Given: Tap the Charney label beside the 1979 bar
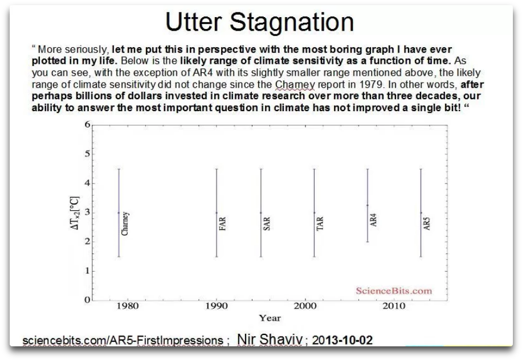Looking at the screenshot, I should (x=125, y=224).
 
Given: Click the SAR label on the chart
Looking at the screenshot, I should (x=266, y=223).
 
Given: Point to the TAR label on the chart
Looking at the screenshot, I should (x=320, y=223).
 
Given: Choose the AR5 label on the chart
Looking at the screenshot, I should (x=427, y=223).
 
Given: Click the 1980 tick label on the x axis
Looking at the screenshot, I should (x=127, y=306).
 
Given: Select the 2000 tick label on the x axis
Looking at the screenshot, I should (x=306, y=306).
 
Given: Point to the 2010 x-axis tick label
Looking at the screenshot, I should (x=394, y=306).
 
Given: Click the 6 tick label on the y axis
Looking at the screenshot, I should (x=87, y=125).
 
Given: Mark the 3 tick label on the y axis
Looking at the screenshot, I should (x=87, y=212).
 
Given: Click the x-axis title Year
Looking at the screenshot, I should (x=270, y=318).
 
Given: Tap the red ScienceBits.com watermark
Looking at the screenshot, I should (x=393, y=291).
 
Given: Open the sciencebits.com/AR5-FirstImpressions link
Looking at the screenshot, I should (x=123, y=341).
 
